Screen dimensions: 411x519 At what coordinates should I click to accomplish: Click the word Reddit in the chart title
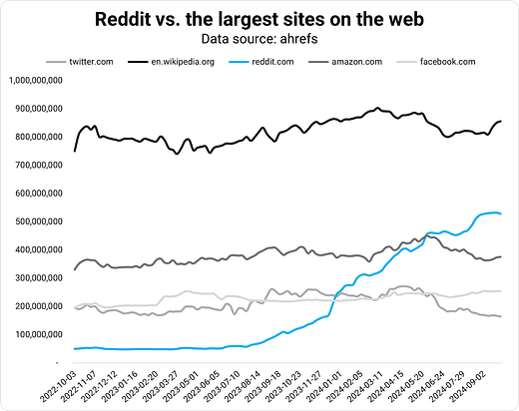click(127, 19)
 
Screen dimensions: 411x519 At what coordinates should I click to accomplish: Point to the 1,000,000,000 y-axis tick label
click(37, 81)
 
